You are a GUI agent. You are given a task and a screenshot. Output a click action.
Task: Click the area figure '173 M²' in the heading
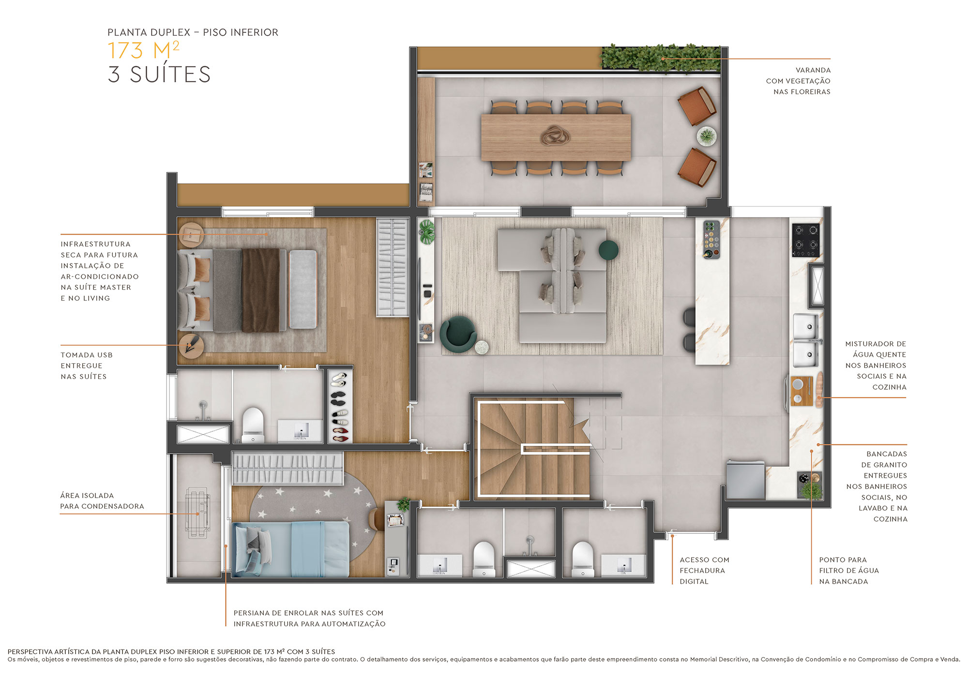(x=143, y=50)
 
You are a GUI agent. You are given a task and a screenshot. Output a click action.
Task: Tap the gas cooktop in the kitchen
(x=806, y=240)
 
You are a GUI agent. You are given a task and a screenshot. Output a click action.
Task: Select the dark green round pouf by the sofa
(x=608, y=250)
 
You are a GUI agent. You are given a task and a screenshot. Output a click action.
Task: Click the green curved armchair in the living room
(x=457, y=333)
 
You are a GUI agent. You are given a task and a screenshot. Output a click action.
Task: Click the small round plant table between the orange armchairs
(x=707, y=136)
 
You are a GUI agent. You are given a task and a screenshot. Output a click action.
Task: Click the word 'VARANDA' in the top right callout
(x=813, y=70)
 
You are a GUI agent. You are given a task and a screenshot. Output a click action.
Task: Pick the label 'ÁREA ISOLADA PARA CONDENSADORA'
(x=102, y=501)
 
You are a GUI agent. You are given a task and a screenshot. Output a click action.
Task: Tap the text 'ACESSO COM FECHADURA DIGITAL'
(x=704, y=571)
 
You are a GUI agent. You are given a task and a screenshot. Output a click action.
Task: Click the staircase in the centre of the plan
(x=532, y=447)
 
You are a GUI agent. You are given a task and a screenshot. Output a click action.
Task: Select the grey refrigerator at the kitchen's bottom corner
(x=745, y=480)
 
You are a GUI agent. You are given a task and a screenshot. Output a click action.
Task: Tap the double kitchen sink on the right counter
(x=806, y=341)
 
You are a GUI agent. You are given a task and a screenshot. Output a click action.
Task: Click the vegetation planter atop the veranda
(x=661, y=59)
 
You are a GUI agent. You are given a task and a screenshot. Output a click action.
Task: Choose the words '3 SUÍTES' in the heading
(x=159, y=74)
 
